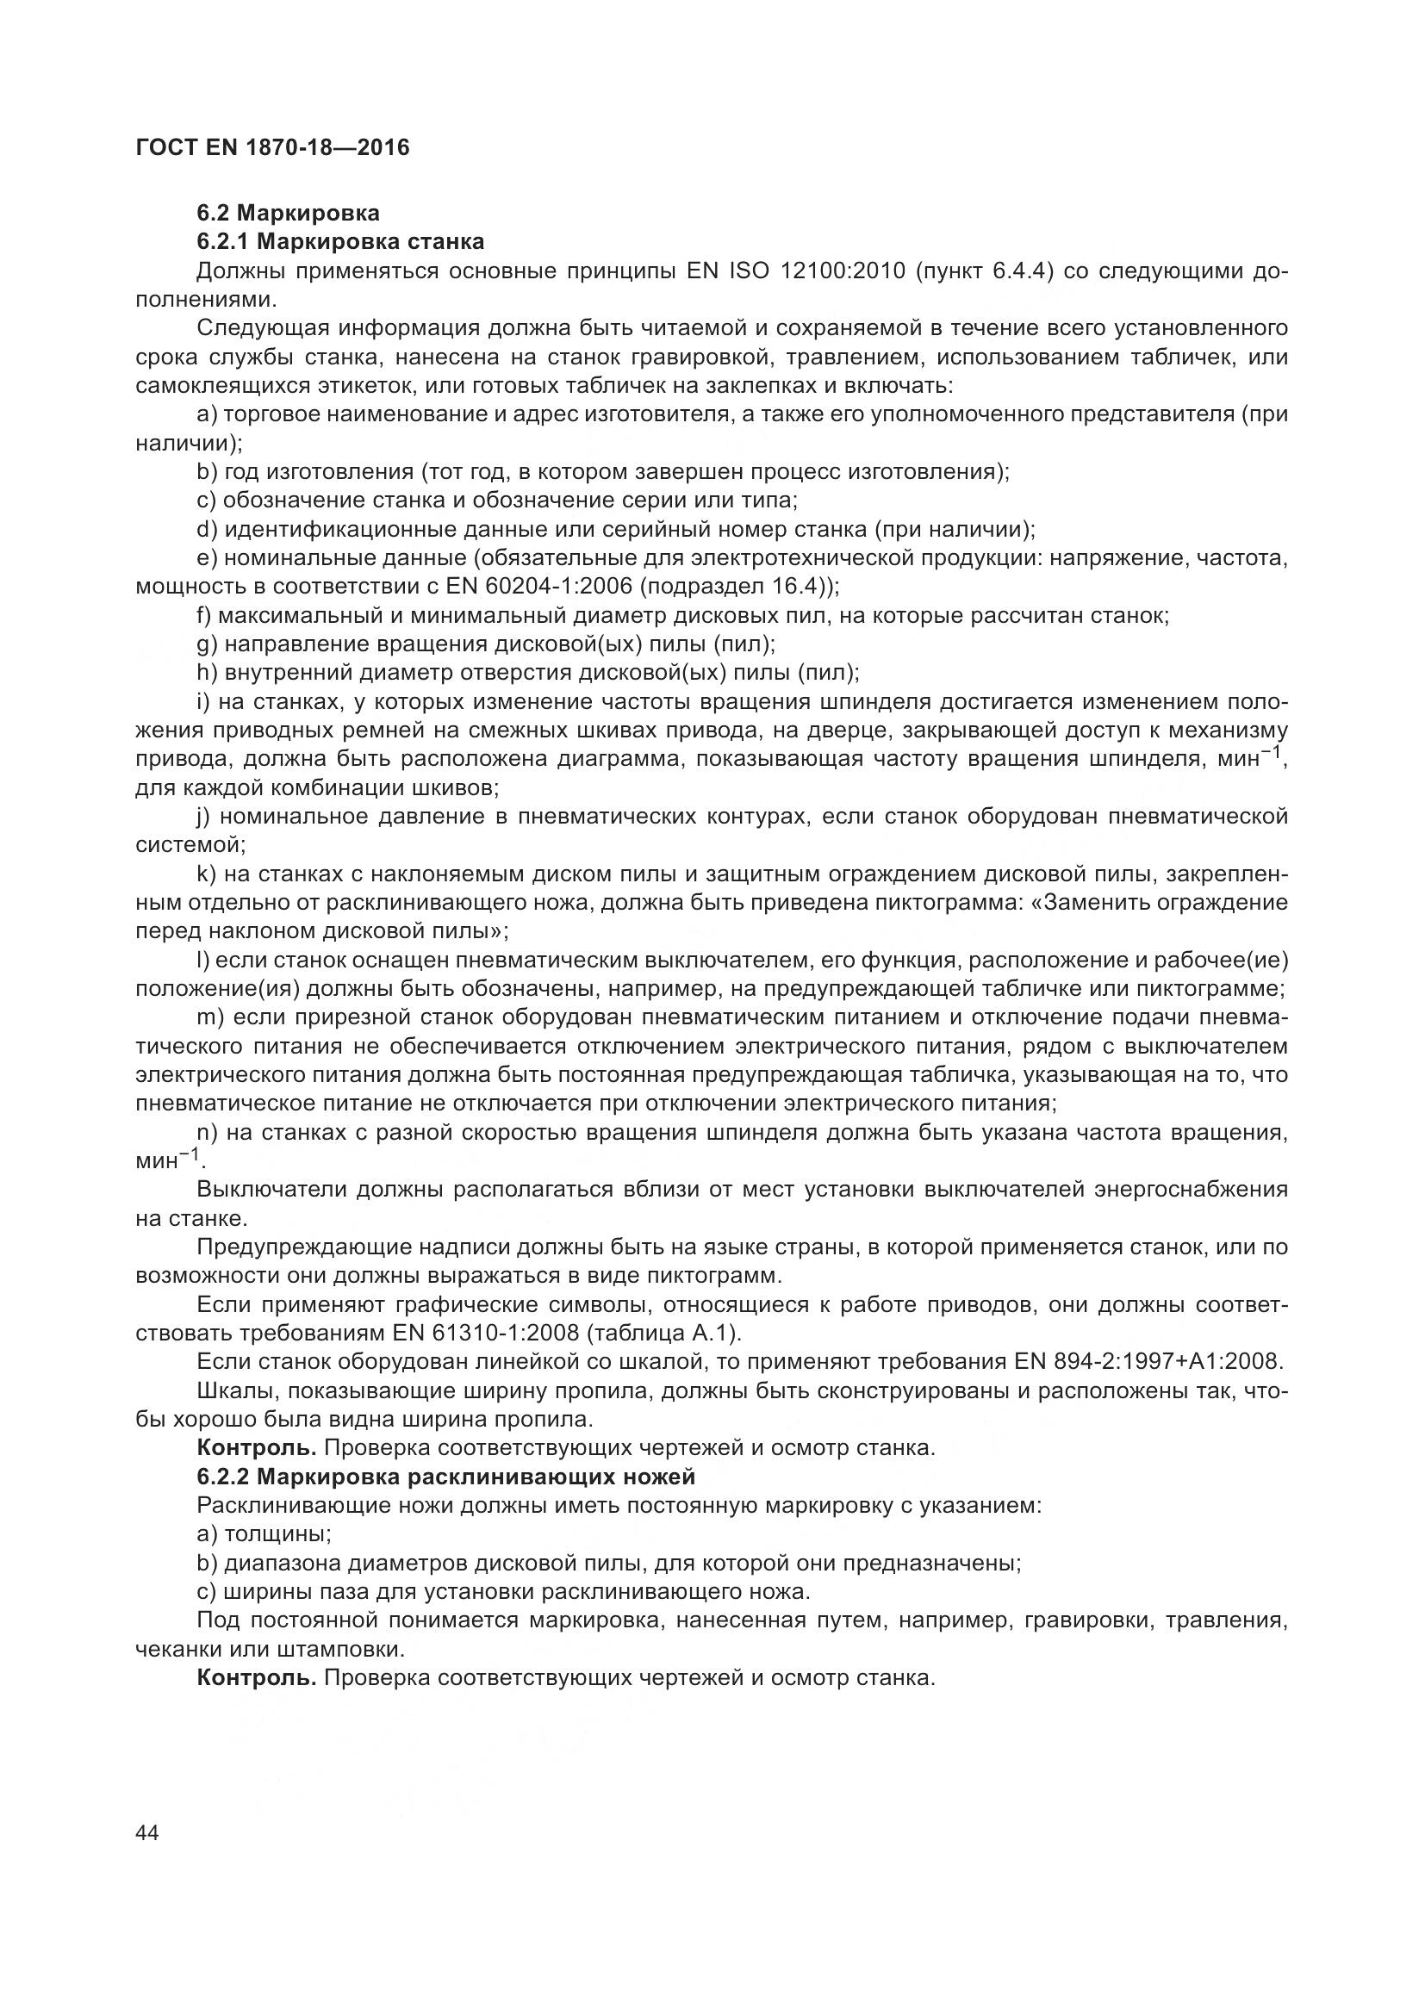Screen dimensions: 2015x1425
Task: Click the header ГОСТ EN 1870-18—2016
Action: (x=272, y=147)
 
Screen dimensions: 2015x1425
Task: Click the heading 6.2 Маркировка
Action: (x=288, y=214)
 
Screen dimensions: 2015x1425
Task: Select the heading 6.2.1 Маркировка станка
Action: (x=340, y=241)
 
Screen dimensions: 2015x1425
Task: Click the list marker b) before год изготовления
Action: (x=206, y=472)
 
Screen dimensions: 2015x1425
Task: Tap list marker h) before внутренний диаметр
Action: (x=206, y=673)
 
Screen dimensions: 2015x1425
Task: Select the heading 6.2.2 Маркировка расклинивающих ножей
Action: (x=445, y=1477)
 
